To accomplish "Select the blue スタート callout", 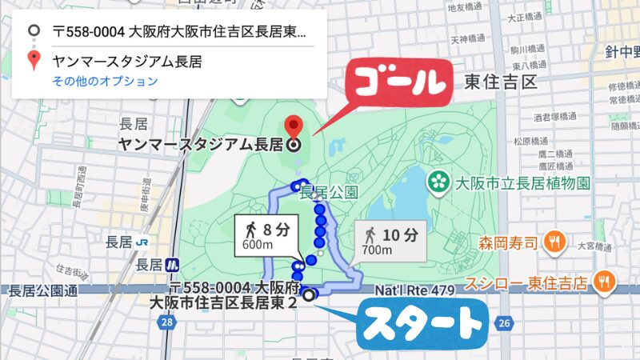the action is coord(420,324).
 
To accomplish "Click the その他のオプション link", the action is coord(105,81).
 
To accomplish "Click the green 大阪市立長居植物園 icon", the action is coord(438,182).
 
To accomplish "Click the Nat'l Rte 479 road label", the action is coord(420,290).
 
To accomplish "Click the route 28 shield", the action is coord(166,322).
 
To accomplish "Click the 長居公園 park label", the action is coord(328,193).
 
